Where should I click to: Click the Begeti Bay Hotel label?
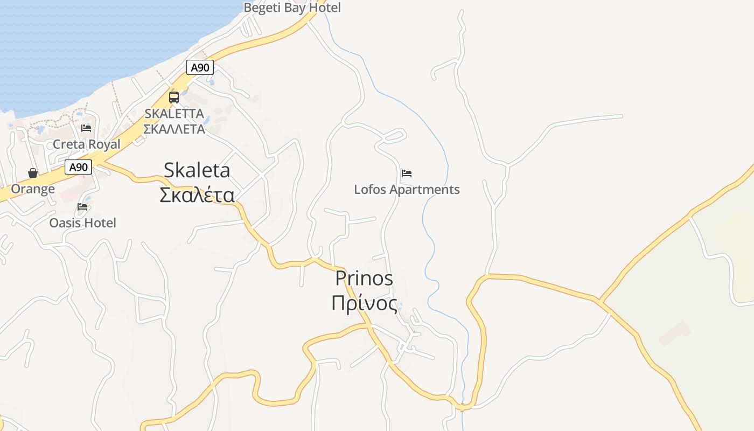pyautogui.click(x=292, y=8)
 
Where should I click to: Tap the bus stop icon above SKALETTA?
pyautogui.click(x=174, y=98)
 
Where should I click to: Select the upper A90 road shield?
pyautogui.click(x=200, y=67)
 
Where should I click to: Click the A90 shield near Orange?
pyautogui.click(x=79, y=167)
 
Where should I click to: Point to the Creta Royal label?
pyautogui.click(x=86, y=144)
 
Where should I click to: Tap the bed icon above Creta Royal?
pyautogui.click(x=86, y=128)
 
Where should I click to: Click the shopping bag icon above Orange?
pyautogui.click(x=33, y=173)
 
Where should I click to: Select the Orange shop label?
pyautogui.click(x=33, y=189)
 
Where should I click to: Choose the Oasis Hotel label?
pyautogui.click(x=82, y=223)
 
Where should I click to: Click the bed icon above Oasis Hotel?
pyautogui.click(x=82, y=206)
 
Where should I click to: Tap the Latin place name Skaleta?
pyautogui.click(x=197, y=170)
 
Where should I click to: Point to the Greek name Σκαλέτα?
pyautogui.click(x=197, y=194)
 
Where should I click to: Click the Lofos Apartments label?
pyautogui.click(x=407, y=190)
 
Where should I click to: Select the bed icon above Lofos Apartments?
pyautogui.click(x=407, y=173)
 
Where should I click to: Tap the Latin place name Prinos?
pyautogui.click(x=364, y=279)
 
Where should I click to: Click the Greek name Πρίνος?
pyautogui.click(x=364, y=303)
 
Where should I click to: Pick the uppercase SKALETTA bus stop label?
pyautogui.click(x=174, y=114)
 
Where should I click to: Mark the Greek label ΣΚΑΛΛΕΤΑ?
pyautogui.click(x=174, y=129)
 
